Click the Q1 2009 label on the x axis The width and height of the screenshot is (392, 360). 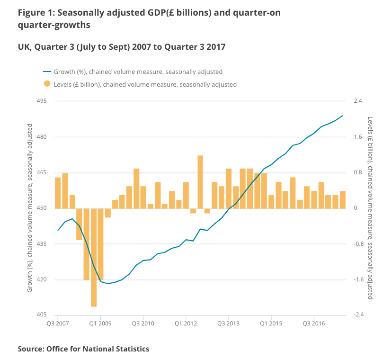pos(100,324)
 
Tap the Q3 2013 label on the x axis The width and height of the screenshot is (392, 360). pos(228,324)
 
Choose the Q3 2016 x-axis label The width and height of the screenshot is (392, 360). pos(313,324)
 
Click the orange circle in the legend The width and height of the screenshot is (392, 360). pos(47,84)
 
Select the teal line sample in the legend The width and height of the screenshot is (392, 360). pos(47,72)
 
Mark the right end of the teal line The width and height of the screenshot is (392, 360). pos(343,116)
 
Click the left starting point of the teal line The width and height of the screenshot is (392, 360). pos(58,230)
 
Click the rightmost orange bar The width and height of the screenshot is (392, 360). pos(343,199)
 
